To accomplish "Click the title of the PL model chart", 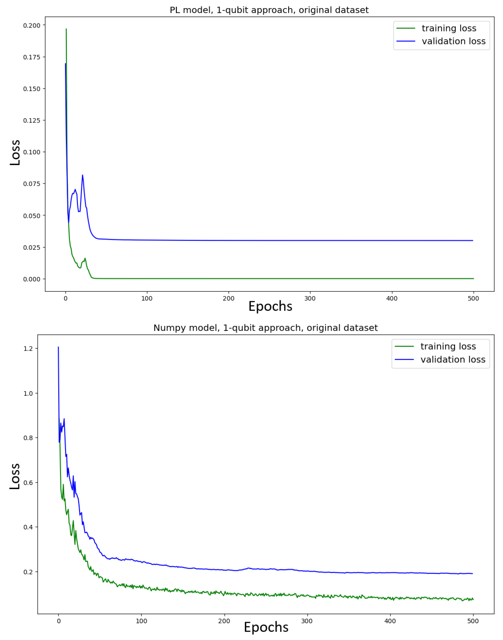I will click(x=269, y=10).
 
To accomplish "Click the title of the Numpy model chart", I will click(x=265, y=328).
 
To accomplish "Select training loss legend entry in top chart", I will click(x=448, y=28).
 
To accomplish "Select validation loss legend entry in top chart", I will click(x=453, y=41).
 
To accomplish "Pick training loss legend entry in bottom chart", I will click(x=448, y=346).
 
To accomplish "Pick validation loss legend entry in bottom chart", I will click(x=453, y=359).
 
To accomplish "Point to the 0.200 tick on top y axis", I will click(x=32, y=25).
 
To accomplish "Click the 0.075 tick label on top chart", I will click(x=32, y=184).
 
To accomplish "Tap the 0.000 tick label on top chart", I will click(x=32, y=279).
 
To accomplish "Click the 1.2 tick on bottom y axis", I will click(x=28, y=348).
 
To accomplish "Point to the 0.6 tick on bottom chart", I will click(x=28, y=483).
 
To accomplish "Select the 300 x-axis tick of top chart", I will click(x=310, y=298).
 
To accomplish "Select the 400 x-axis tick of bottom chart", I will click(x=390, y=621).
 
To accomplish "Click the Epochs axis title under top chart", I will click(x=270, y=306).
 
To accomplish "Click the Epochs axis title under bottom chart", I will click(x=266, y=627).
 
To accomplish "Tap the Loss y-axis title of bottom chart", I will click(x=15, y=476).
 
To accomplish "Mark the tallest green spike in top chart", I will click(x=66, y=29).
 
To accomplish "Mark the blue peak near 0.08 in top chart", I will click(x=82, y=175).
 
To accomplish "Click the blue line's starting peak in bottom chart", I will click(x=58, y=347).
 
